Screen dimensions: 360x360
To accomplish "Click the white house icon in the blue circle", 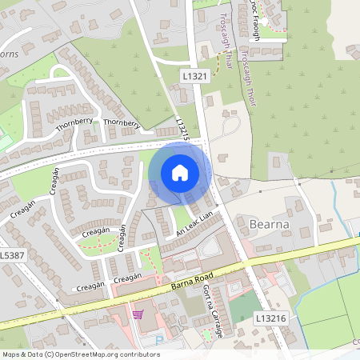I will (179, 172).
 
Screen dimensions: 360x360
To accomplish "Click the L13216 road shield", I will (269, 318).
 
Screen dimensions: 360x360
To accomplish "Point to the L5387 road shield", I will (11, 254).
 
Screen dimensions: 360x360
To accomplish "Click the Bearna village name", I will (270, 222).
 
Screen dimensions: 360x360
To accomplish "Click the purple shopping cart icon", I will (138, 314).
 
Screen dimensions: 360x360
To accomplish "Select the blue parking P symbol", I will (159, 339).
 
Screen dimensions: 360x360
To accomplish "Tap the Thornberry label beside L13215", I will (122, 124).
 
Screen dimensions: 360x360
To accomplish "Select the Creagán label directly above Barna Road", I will (127, 278).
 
